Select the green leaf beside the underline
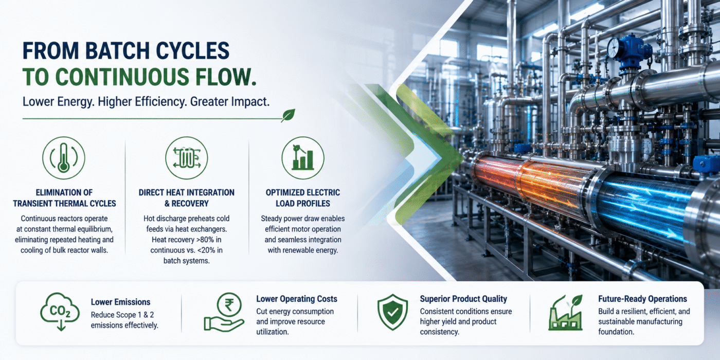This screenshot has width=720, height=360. (x=288, y=115)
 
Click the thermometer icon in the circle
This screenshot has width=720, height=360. (x=64, y=157)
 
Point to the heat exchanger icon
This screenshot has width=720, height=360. (x=186, y=158)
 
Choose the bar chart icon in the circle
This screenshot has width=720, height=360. (x=303, y=158)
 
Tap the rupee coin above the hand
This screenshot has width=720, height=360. (x=229, y=304)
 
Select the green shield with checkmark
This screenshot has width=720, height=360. (x=392, y=312)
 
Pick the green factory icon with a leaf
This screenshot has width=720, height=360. (x=565, y=313)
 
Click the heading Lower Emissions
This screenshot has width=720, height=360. (x=120, y=302)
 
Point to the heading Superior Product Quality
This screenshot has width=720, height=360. (x=463, y=299)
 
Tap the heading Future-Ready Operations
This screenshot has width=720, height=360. (x=642, y=299)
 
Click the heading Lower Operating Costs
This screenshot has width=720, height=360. (x=297, y=299)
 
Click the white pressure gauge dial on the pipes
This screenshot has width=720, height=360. (x=614, y=48)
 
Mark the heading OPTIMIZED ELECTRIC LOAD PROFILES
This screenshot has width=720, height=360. (x=303, y=198)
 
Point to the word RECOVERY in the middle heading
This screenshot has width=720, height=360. (x=191, y=204)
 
